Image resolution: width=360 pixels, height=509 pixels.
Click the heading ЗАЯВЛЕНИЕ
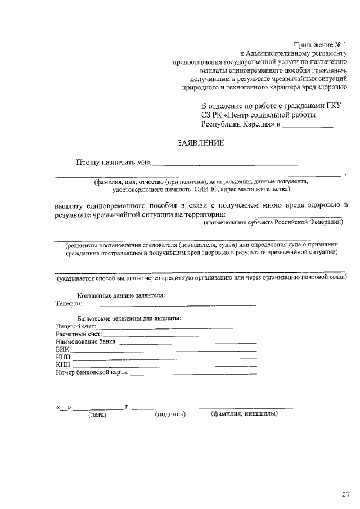pos(200,143)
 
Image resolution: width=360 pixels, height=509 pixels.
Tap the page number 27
pos(345,494)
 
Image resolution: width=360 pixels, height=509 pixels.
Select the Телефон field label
pos(68,304)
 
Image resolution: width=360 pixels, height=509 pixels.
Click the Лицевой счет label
pos(76,326)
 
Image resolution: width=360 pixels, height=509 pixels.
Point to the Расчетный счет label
pos(78,334)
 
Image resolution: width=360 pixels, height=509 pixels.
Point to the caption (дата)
pos(97,416)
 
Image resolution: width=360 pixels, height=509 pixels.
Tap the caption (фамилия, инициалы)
pos(244,415)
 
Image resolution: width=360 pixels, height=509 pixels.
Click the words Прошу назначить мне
pos(114,163)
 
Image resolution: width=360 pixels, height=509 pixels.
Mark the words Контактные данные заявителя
pos(121,295)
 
